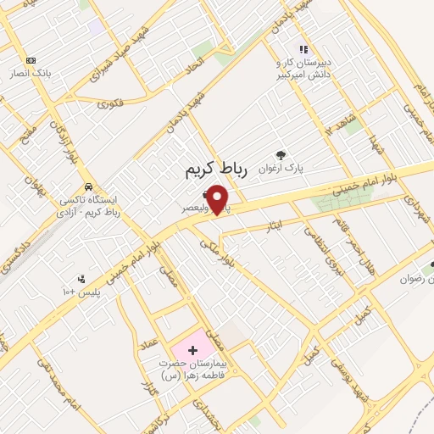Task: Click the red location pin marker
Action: coord(219,199)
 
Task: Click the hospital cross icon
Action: coord(192,349)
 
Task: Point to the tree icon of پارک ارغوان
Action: coord(281,154)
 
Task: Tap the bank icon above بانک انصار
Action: coord(31,60)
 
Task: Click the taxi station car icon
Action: coord(87,186)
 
